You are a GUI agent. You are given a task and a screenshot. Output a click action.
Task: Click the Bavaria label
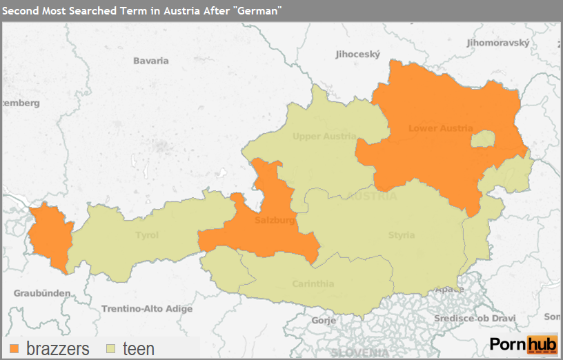click(x=150, y=61)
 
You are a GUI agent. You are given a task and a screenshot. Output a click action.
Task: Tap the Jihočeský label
click(x=357, y=54)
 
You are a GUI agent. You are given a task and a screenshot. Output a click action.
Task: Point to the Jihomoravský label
click(x=498, y=43)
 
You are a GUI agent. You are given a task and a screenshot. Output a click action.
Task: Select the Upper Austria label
click(x=324, y=137)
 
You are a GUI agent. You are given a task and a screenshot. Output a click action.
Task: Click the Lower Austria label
click(x=440, y=128)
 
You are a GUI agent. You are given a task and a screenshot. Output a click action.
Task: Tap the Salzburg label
click(x=275, y=221)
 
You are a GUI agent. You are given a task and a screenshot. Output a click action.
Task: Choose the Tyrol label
click(x=146, y=235)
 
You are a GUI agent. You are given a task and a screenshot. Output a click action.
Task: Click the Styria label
click(x=401, y=235)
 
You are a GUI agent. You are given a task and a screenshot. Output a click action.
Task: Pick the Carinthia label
click(x=313, y=283)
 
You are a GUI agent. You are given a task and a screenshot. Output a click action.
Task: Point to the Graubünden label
click(x=41, y=293)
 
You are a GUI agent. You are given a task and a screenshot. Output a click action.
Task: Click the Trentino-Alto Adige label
click(x=147, y=309)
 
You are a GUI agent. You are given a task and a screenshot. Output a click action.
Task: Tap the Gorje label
click(x=324, y=321)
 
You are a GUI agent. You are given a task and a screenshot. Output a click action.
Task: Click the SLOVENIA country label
click(x=355, y=352)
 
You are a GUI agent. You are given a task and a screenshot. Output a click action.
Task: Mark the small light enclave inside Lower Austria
click(x=483, y=139)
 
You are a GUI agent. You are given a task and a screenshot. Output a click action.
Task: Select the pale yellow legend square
click(x=111, y=349)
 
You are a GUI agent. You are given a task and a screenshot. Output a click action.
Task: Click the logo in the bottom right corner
click(x=523, y=344)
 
